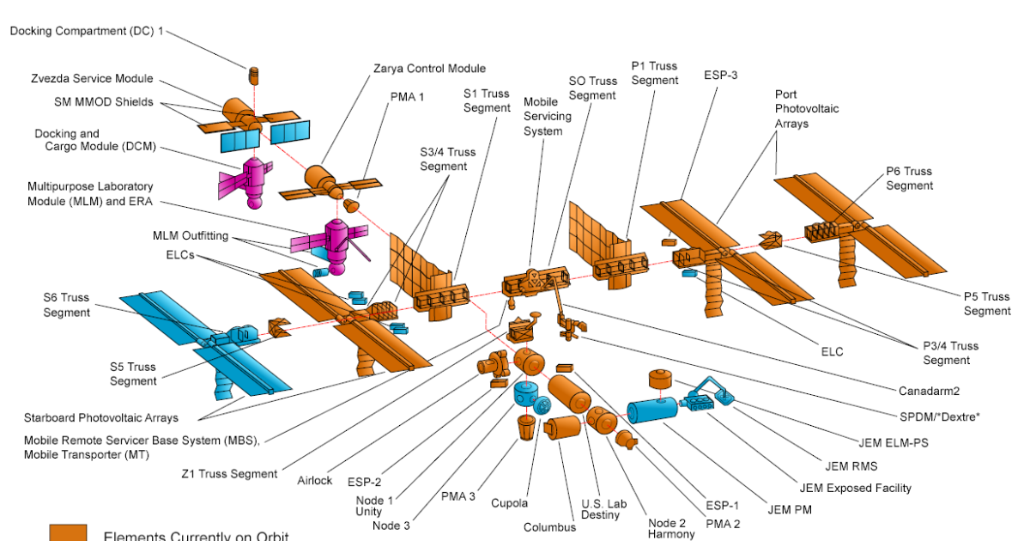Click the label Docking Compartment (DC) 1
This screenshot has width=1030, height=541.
click(87, 31)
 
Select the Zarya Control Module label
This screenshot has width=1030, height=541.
click(429, 68)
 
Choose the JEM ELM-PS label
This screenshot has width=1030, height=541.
click(894, 443)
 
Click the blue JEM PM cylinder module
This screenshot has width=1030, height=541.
click(651, 411)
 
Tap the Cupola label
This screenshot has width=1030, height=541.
click(509, 503)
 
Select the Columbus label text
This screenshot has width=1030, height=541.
click(549, 527)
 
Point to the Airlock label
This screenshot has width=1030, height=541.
click(315, 480)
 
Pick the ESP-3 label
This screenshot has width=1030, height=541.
click(721, 75)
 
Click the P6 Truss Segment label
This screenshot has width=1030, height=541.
click(909, 178)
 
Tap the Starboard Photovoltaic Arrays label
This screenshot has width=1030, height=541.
click(101, 417)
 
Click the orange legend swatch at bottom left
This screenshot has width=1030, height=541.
click(68, 532)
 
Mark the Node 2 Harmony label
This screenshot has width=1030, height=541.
click(671, 527)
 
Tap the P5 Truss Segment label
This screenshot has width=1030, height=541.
click(986, 303)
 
